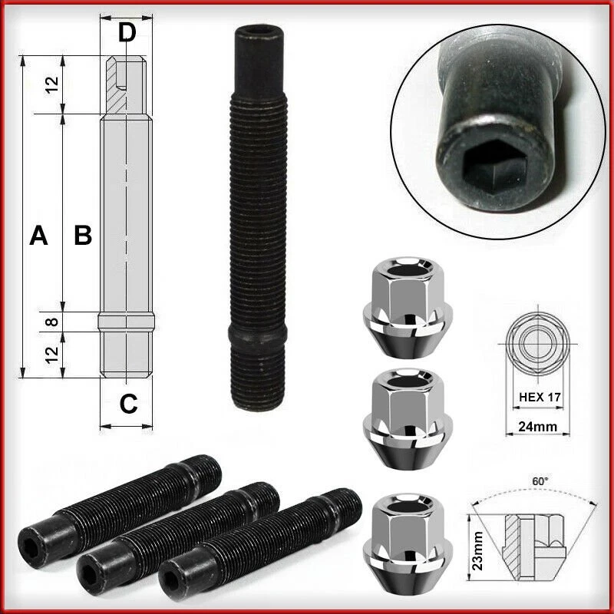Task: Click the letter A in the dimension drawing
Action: pos(38,236)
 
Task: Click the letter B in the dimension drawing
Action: pos(83,236)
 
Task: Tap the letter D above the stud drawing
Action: pos(127,32)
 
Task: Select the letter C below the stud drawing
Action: pos(128,403)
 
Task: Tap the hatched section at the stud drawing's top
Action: pos(120,90)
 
